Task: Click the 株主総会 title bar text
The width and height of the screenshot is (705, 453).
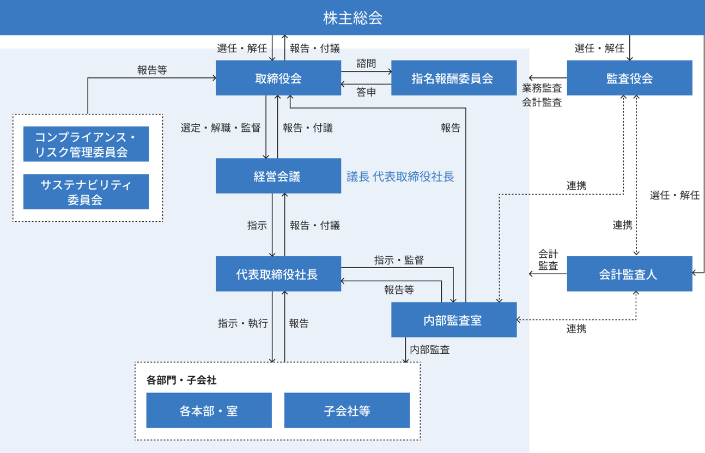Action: (353, 18)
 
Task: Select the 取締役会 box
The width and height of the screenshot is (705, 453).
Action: (278, 78)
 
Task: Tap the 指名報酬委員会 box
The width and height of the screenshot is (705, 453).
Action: (453, 78)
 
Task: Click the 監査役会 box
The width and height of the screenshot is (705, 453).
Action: (629, 78)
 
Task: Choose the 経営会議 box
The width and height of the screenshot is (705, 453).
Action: (278, 176)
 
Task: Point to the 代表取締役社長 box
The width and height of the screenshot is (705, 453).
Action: (278, 274)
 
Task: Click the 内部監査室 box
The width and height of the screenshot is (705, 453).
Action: (453, 320)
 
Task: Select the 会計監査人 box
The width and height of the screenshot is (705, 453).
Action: (629, 274)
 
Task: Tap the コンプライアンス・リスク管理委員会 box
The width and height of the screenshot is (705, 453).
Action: (86, 144)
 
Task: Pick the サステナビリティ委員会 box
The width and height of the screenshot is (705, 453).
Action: (86, 192)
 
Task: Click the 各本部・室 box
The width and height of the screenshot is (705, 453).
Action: (209, 410)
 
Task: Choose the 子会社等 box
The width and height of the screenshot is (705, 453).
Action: (347, 410)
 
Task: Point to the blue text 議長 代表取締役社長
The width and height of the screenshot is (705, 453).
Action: (400, 177)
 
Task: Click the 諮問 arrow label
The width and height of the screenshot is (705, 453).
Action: (366, 64)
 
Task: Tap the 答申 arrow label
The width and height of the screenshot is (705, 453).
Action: (366, 92)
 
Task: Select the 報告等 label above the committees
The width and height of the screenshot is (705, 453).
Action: (152, 70)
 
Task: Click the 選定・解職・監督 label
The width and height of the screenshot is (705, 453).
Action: (220, 128)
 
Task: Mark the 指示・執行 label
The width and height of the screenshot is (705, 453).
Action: (243, 323)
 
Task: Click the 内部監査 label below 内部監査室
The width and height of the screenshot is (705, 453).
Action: (430, 349)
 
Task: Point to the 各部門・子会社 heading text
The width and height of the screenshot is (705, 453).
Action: (181, 380)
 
